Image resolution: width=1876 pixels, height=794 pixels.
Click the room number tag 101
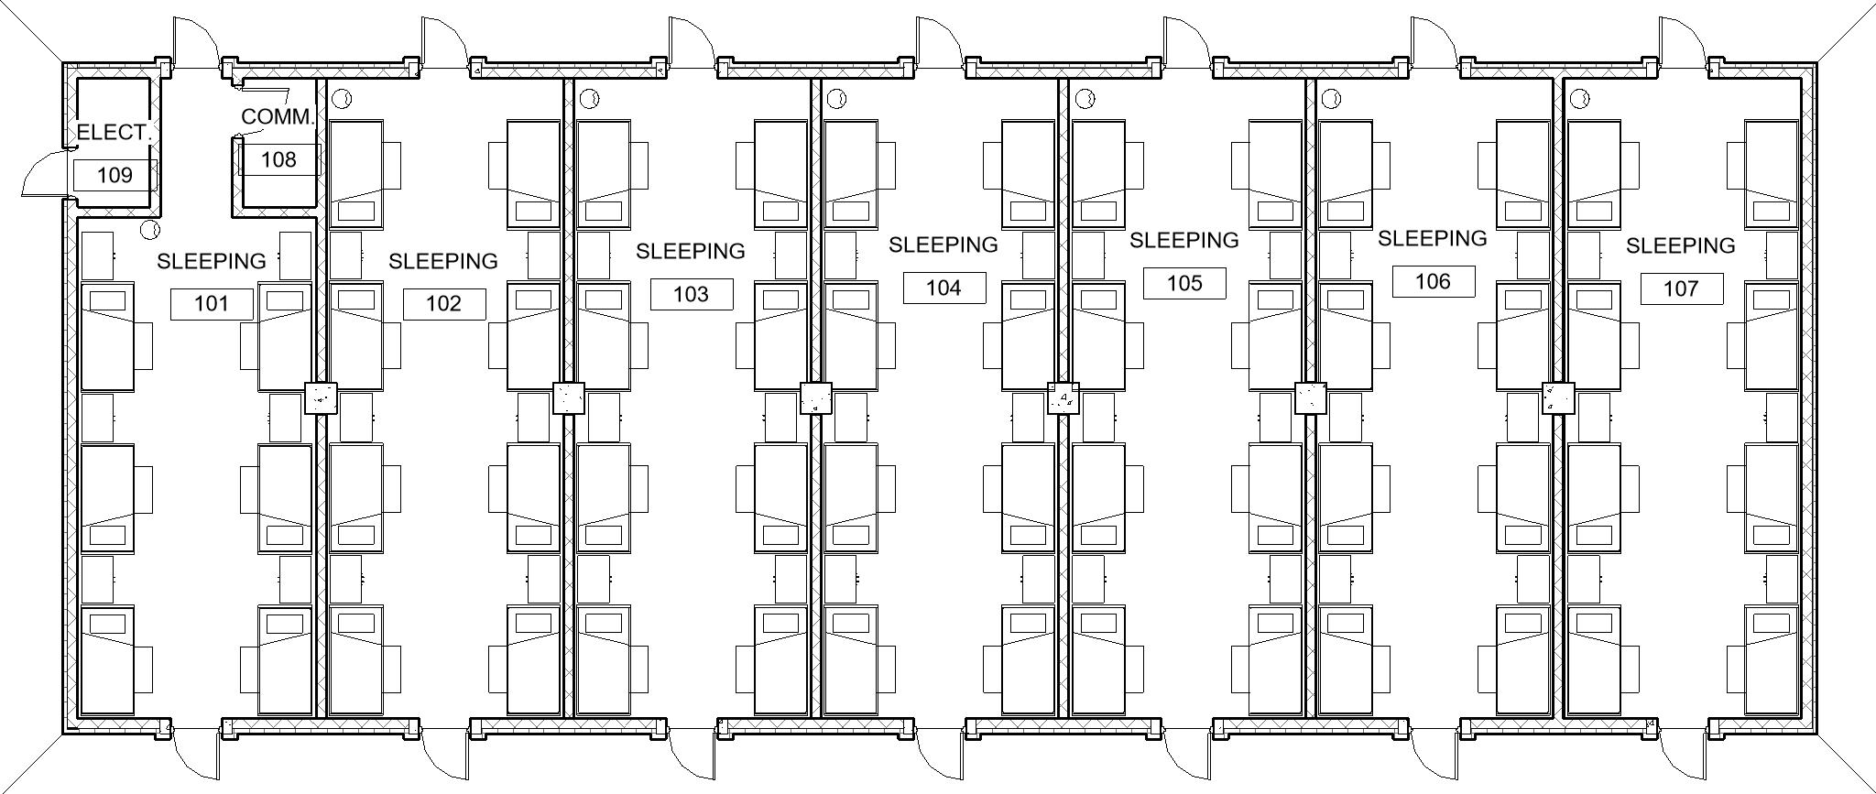[x=212, y=304]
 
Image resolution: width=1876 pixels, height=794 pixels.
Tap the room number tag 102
[x=444, y=304]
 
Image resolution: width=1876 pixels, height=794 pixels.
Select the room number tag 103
[x=692, y=294]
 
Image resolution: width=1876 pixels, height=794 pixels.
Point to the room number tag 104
[x=943, y=288]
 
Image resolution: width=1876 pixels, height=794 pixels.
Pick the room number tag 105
[x=1184, y=283]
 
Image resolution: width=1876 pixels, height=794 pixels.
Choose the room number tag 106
[x=1434, y=281]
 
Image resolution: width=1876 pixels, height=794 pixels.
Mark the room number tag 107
[x=1682, y=288]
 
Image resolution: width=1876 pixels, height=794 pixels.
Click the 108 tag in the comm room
[x=279, y=159]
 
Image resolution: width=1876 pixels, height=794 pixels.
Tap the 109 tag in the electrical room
[x=115, y=175]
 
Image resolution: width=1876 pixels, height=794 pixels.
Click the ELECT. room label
[x=114, y=133]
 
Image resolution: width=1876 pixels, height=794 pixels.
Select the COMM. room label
[x=278, y=117]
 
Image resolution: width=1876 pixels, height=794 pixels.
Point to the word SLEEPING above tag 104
[x=943, y=245]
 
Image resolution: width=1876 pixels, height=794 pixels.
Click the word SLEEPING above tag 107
[x=1681, y=245]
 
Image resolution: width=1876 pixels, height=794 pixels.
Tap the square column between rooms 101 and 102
[x=321, y=398]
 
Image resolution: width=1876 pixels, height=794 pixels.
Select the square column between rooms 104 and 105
[x=1063, y=398]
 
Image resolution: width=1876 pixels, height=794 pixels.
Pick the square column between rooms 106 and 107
[x=1558, y=398]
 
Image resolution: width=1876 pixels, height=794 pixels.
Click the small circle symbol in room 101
[x=150, y=229]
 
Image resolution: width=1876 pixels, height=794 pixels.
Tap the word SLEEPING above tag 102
[x=443, y=261]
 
